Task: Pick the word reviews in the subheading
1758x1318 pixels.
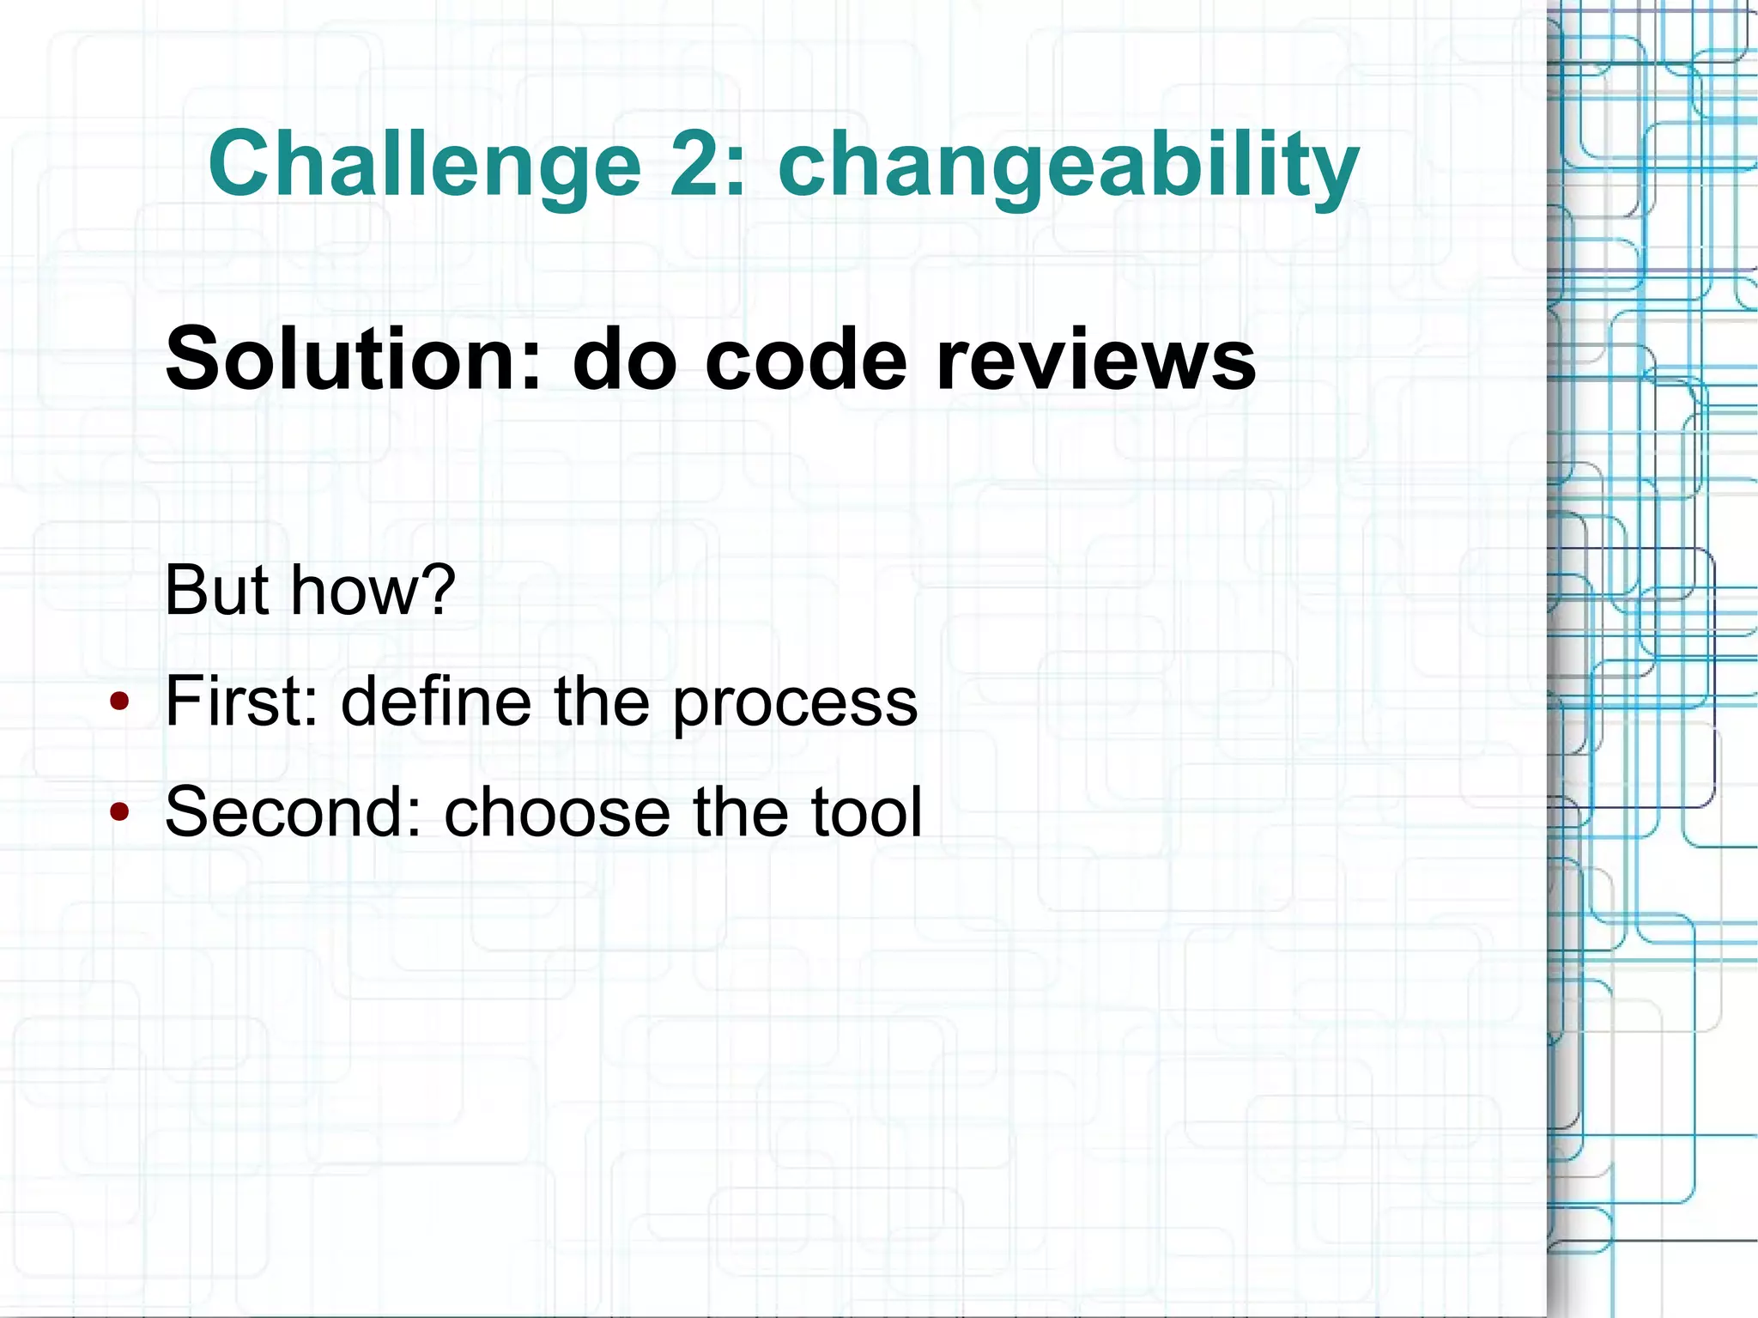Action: tap(1096, 359)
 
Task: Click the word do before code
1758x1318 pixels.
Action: tap(623, 359)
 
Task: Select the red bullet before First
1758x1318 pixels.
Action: tap(119, 702)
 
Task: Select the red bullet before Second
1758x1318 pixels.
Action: tap(119, 811)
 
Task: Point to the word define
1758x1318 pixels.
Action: tap(436, 702)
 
